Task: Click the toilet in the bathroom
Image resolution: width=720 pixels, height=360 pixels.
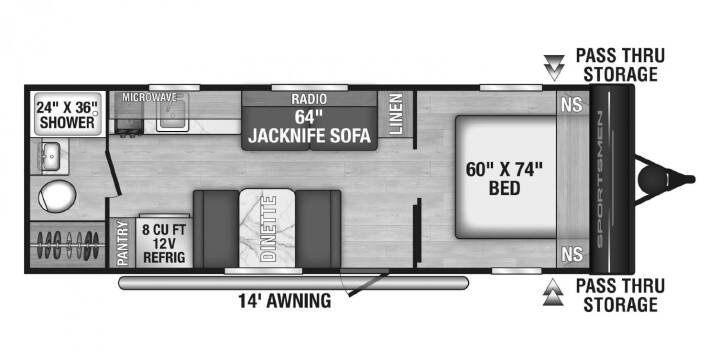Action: pyautogui.click(x=56, y=196)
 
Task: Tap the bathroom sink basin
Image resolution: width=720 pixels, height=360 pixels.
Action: pyautogui.click(x=51, y=155)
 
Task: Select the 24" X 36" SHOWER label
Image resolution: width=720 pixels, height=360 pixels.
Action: pyautogui.click(x=67, y=115)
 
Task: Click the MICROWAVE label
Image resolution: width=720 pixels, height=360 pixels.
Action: pyautogui.click(x=150, y=97)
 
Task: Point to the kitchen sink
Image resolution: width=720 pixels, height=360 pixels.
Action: pyautogui.click(x=173, y=114)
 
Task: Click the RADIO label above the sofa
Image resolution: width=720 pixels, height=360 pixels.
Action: pyautogui.click(x=309, y=99)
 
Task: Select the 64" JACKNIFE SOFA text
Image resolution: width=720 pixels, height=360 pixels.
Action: pyautogui.click(x=309, y=127)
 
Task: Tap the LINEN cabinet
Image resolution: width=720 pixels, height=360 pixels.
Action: pyautogui.click(x=395, y=114)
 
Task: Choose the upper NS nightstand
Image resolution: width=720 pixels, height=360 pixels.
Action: pyautogui.click(x=572, y=105)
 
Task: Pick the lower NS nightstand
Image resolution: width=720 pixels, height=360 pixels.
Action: pyautogui.click(x=572, y=253)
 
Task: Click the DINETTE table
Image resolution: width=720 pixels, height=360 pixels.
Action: pyautogui.click(x=267, y=228)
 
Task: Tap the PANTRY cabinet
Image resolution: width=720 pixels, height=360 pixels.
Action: pyautogui.click(x=123, y=243)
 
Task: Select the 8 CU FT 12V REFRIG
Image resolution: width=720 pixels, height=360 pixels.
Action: pyautogui.click(x=164, y=242)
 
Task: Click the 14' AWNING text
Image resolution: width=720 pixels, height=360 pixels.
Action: pyautogui.click(x=285, y=301)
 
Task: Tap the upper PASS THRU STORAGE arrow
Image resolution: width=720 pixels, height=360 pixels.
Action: pyautogui.click(x=554, y=68)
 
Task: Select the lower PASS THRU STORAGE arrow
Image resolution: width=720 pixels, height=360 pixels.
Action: pyautogui.click(x=553, y=292)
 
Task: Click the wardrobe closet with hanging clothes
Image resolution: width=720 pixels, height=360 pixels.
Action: pyautogui.click(x=68, y=244)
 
